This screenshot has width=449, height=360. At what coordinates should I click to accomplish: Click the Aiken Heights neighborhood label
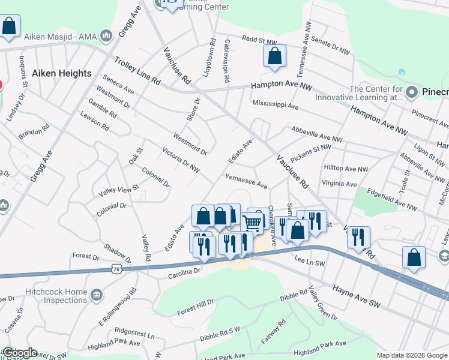(62, 73)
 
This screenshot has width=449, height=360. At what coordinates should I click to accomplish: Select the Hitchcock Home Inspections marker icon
(98, 295)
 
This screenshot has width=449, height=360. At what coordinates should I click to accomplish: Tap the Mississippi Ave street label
(275, 104)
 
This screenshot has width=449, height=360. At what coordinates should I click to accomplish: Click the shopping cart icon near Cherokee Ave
(253, 223)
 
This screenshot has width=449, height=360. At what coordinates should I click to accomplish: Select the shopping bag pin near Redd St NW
(274, 56)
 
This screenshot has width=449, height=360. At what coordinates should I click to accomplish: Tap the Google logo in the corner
(20, 352)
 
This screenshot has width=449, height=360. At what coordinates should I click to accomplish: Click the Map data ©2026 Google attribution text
(412, 355)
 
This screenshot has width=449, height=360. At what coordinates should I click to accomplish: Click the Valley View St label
(119, 190)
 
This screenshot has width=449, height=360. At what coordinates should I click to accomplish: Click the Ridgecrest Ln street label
(134, 331)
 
